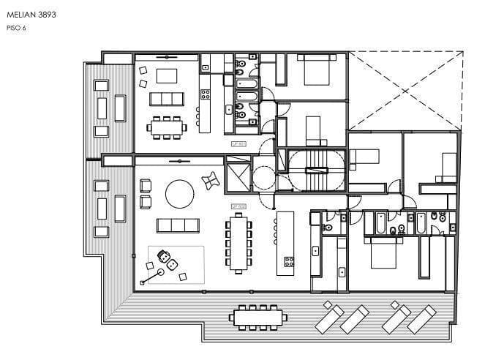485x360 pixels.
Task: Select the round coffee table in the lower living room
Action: point(179,195)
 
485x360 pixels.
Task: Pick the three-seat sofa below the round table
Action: point(178,225)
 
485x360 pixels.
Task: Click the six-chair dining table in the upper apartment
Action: point(167,127)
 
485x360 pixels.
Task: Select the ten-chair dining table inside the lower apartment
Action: point(238,244)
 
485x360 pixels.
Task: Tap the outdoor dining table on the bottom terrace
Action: point(257,318)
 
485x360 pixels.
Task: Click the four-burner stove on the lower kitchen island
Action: point(289,260)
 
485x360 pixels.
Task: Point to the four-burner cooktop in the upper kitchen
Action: point(206,94)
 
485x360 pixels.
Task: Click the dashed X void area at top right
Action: point(405,88)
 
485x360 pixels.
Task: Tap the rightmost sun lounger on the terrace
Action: point(422,318)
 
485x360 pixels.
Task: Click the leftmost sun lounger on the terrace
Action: point(328,317)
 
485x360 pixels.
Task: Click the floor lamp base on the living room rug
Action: point(142,282)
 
